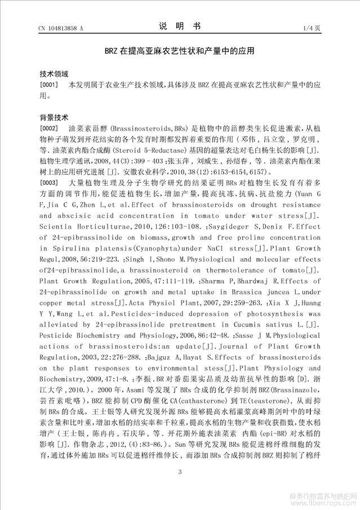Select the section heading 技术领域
[x=54, y=74]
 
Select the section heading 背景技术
[x=54, y=118]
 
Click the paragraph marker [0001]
[x=49, y=85]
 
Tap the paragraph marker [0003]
[x=49, y=183]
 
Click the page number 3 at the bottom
[x=180, y=472]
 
